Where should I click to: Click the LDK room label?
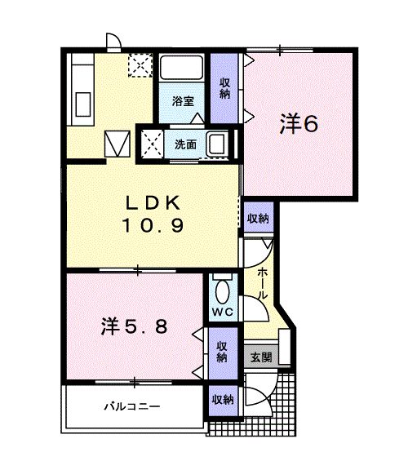click(x=153, y=203)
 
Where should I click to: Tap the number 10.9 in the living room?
click(x=153, y=225)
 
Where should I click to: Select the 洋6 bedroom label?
click(x=299, y=124)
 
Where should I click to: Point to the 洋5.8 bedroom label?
click(x=134, y=326)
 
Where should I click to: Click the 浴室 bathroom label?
click(x=183, y=101)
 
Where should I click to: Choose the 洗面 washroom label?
click(x=185, y=144)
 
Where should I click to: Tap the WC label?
click(x=223, y=312)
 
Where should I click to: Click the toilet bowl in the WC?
click(x=223, y=292)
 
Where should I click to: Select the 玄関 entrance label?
click(x=261, y=357)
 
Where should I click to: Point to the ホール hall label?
click(x=263, y=283)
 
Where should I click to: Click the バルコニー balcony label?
click(x=132, y=406)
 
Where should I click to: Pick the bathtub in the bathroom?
click(x=181, y=68)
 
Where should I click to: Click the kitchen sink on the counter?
click(x=83, y=104)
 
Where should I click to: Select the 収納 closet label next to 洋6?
click(x=224, y=88)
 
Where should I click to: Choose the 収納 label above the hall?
click(x=258, y=218)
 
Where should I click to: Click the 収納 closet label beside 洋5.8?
click(x=222, y=352)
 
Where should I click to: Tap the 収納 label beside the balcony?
click(x=223, y=399)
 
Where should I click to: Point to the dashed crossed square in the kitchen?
click(x=140, y=65)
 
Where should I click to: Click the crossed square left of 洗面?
click(x=153, y=144)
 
